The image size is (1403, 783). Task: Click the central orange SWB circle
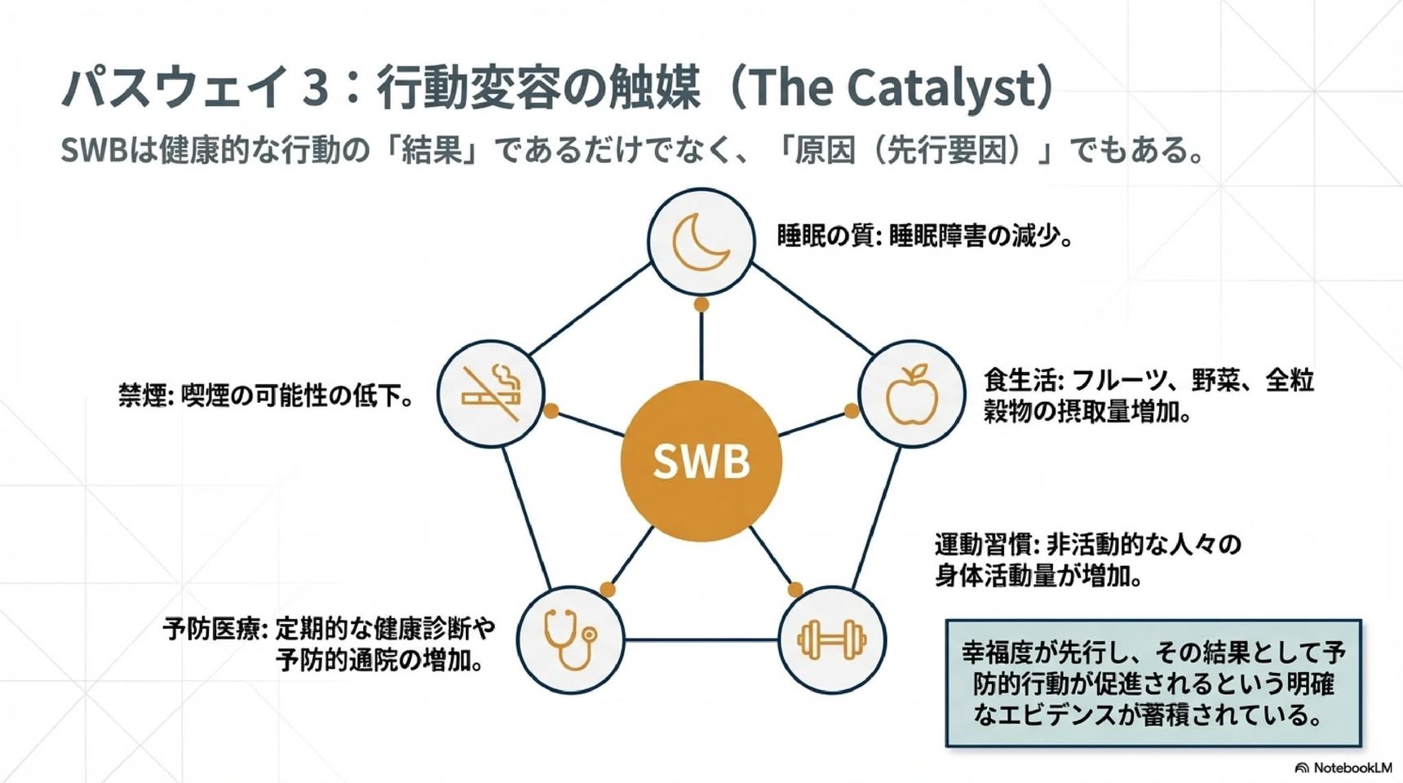click(701, 461)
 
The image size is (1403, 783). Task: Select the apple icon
click(912, 395)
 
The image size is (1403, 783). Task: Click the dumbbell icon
click(832, 639)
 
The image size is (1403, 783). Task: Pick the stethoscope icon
click(569, 639)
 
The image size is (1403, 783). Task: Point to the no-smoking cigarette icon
click(492, 392)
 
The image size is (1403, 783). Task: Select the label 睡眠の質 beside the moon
click(825, 236)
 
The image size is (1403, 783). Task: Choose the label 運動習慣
click(983, 544)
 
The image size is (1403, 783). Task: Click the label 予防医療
click(211, 629)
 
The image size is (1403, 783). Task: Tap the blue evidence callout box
click(1153, 683)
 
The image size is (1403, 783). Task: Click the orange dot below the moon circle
click(701, 304)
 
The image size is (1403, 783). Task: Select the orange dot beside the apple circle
click(851, 410)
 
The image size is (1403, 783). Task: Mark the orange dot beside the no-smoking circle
click(551, 410)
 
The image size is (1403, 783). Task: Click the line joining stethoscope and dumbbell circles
click(701, 639)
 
